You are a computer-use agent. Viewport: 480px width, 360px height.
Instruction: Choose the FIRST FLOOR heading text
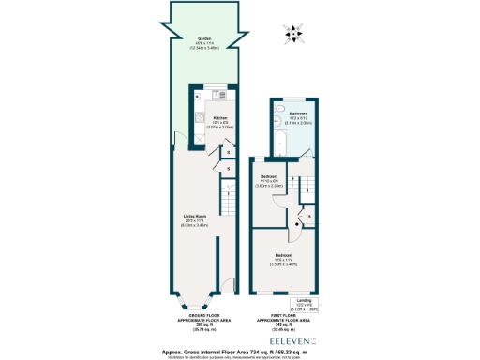tap(282, 319)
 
